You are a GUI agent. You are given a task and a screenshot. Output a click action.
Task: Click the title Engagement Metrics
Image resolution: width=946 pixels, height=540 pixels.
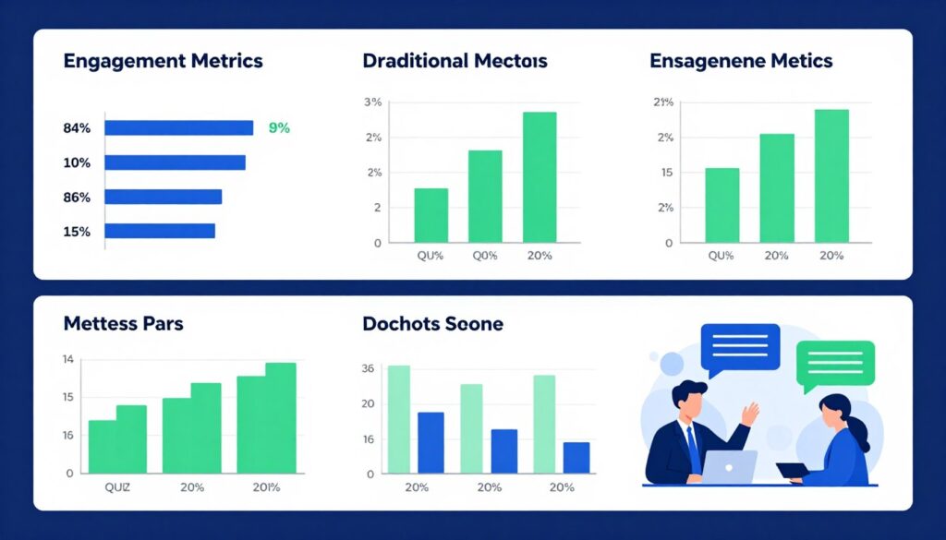point(163,62)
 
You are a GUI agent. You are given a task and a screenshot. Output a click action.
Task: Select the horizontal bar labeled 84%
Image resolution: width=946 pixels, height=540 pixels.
point(178,128)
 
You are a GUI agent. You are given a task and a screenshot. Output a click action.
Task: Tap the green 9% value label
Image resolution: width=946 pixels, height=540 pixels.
point(279,128)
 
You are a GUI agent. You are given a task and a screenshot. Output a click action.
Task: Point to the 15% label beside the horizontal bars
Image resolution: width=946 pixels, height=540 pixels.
point(77,232)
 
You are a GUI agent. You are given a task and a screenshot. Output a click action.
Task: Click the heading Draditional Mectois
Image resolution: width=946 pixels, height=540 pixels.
point(455,62)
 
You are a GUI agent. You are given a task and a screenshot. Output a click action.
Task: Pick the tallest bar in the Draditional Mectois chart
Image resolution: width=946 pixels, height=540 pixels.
point(540,177)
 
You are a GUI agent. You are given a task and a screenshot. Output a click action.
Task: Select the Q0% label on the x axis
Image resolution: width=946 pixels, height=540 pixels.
point(485,256)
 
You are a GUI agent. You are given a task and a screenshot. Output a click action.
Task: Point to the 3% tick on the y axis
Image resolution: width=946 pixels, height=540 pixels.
point(372,102)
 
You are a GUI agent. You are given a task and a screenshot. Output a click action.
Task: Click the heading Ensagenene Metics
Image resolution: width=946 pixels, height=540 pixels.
point(741,62)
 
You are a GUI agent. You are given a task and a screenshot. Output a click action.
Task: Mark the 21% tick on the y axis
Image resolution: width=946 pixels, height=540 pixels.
point(662,102)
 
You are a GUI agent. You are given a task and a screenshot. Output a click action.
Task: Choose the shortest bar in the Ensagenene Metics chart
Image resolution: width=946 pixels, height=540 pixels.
point(722,205)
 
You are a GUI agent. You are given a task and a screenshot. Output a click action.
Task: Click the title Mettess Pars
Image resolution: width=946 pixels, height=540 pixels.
point(123,324)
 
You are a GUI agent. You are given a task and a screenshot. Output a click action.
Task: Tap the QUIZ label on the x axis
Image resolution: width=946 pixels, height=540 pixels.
point(116,487)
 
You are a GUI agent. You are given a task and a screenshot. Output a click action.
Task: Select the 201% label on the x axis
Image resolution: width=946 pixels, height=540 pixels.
point(266,487)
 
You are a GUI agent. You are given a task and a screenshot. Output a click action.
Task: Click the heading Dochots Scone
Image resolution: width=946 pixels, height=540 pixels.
point(432,324)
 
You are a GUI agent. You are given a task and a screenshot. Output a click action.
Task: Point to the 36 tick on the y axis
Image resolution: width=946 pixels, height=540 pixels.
point(368,368)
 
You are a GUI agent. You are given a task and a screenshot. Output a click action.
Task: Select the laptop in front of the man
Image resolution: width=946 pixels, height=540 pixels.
point(729,466)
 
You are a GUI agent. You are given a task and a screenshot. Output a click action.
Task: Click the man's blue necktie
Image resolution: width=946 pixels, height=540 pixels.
point(692,448)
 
